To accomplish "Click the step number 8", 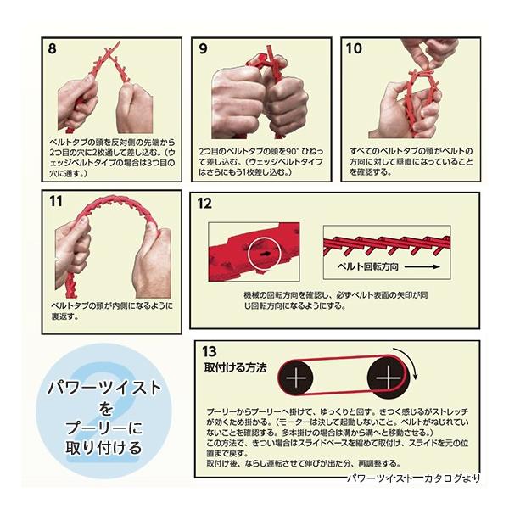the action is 53,48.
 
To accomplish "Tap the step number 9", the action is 203,48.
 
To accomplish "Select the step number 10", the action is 354,48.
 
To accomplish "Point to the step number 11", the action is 55,201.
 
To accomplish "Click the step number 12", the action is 204,204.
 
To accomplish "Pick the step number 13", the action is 210,351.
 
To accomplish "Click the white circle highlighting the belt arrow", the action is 264,254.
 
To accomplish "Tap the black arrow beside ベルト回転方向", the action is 422,267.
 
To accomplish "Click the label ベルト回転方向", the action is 368,267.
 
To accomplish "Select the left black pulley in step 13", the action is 296,378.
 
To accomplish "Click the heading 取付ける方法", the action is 235,368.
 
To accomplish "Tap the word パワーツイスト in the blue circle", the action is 104,388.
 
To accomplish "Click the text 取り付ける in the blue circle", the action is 103,448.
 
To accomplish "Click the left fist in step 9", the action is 238,103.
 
